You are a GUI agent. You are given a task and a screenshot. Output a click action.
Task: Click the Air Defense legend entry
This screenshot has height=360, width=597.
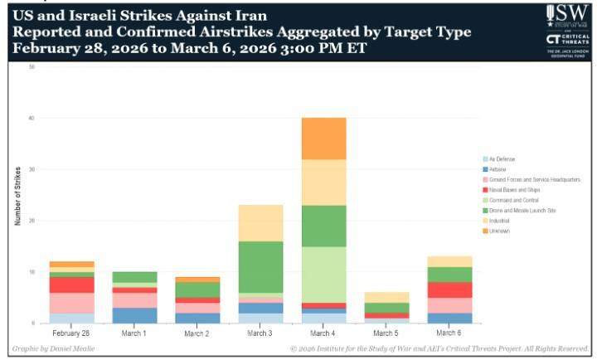click(x=502, y=158)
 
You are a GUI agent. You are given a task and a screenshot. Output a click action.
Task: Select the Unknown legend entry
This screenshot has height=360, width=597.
click(x=499, y=231)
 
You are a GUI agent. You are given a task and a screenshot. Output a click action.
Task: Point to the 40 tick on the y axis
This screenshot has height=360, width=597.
click(x=32, y=118)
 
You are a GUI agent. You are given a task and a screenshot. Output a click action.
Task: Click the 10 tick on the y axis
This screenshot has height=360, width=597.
click(x=32, y=272)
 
